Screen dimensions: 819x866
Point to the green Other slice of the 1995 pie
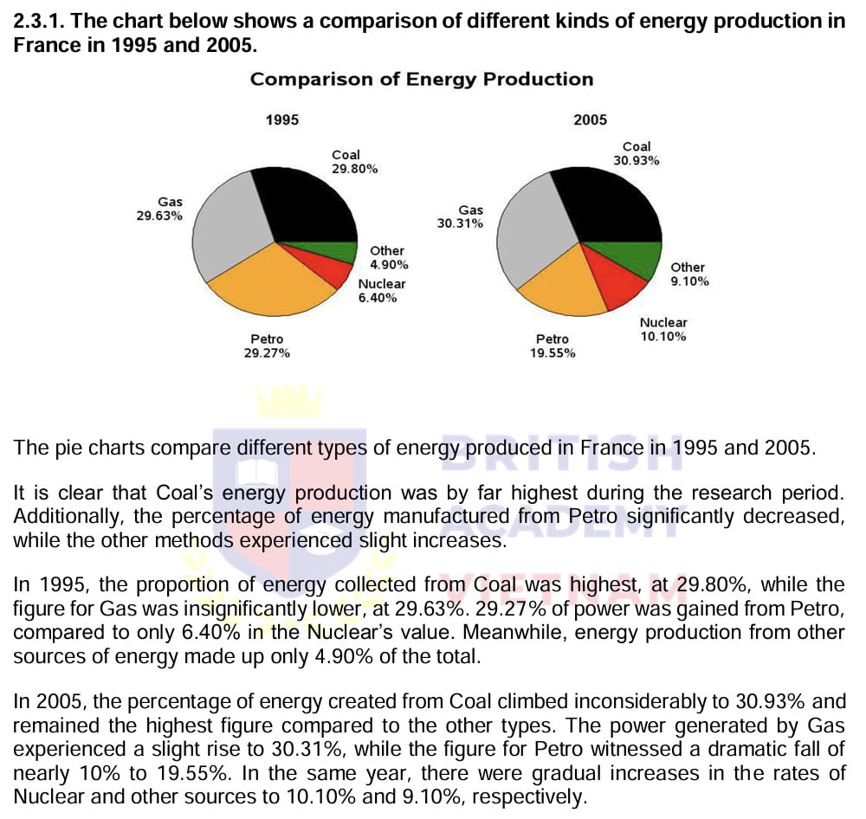(x=330, y=250)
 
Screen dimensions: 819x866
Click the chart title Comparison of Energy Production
(x=422, y=80)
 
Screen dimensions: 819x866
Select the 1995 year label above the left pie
(x=282, y=120)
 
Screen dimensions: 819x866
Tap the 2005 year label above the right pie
(x=591, y=120)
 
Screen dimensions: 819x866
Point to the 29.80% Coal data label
(x=354, y=169)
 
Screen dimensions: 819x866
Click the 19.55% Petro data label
(x=553, y=353)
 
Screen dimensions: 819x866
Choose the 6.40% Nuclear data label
(x=378, y=298)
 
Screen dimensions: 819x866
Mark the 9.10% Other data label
(x=689, y=281)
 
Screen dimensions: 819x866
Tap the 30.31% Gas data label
(x=461, y=223)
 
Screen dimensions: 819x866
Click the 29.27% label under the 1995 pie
(x=267, y=353)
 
